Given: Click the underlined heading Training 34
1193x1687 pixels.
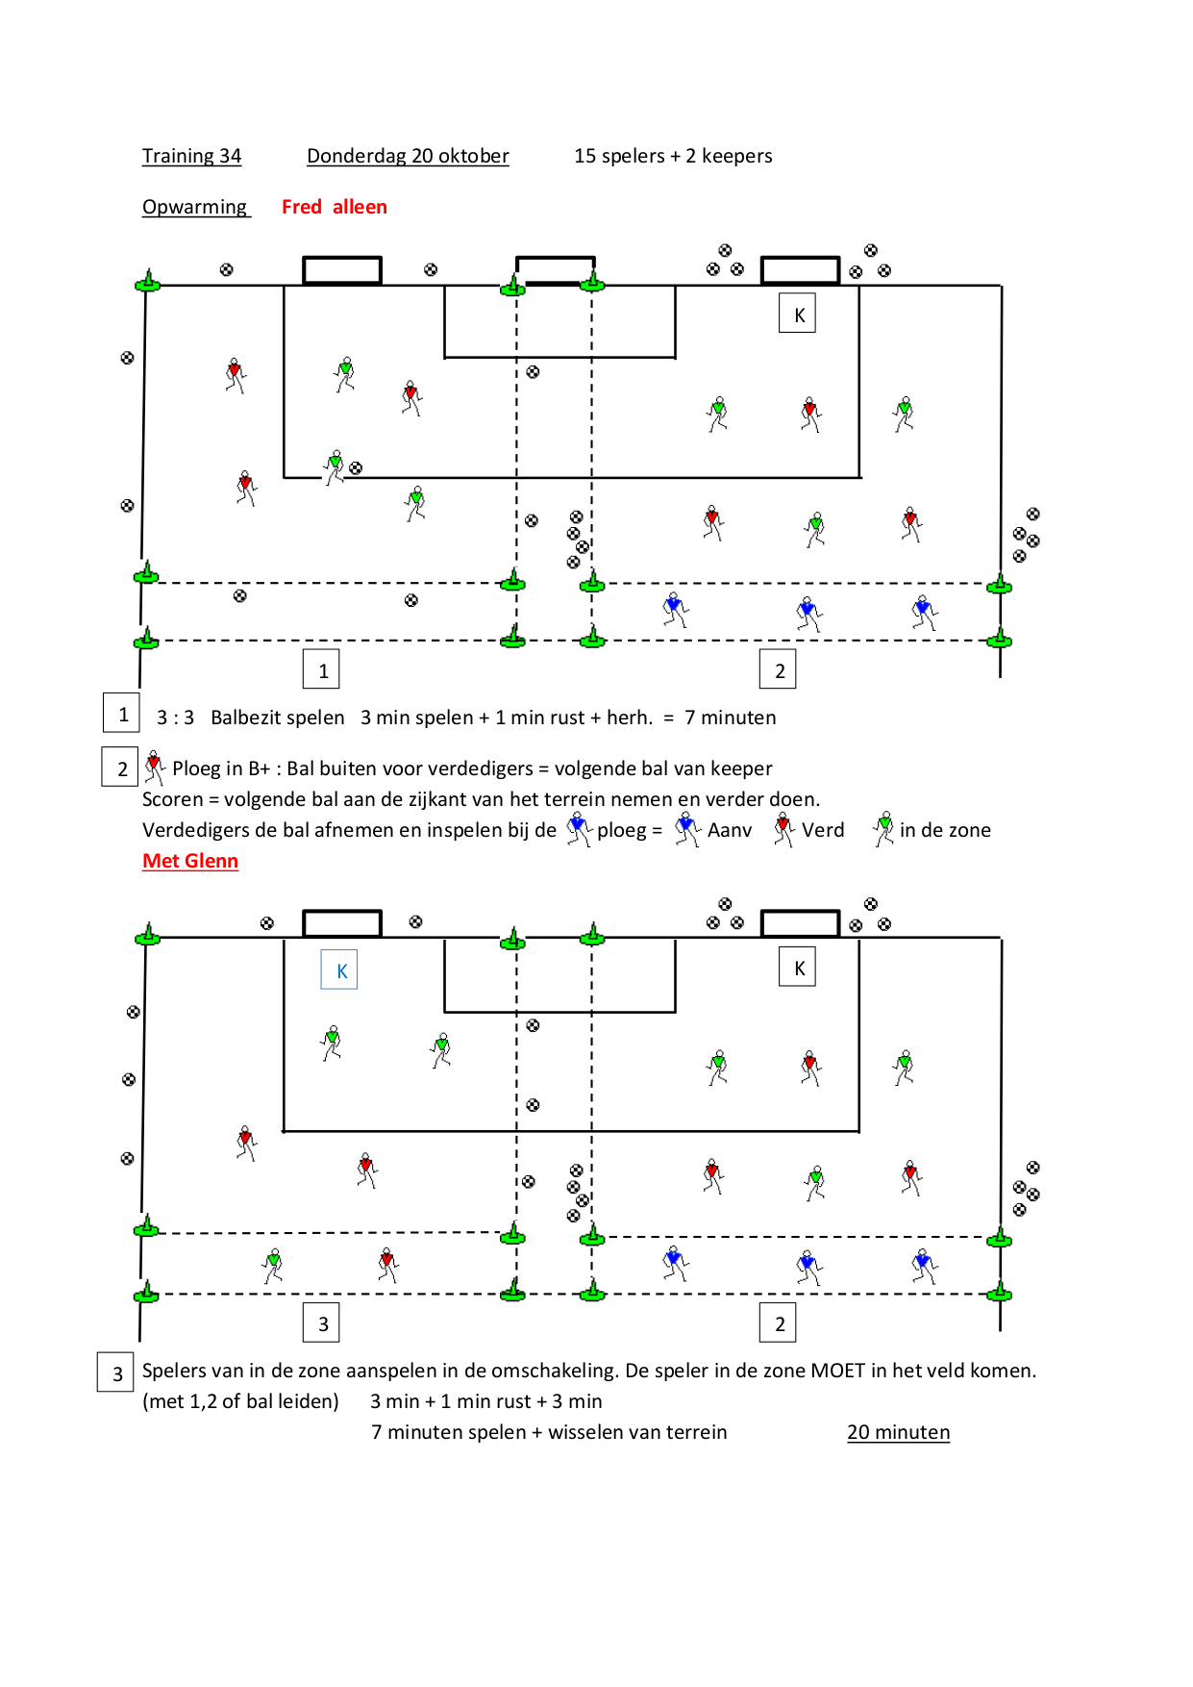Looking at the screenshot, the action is (x=191, y=156).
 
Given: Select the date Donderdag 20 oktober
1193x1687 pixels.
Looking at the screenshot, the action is (x=408, y=156).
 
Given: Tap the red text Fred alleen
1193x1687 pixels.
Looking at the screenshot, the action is (x=335, y=207).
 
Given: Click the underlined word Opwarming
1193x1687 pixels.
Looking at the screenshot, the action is (x=195, y=207).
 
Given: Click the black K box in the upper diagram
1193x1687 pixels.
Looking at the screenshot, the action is (x=797, y=314).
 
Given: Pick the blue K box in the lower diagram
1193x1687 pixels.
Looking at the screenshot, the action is (x=339, y=969).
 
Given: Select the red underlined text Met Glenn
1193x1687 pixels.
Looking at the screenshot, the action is (x=190, y=861).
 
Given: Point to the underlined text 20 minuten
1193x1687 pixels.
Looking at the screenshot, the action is (x=898, y=1432).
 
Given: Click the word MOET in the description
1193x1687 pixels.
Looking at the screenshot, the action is (x=838, y=1371).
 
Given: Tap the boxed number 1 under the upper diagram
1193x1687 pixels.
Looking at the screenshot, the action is (x=322, y=669).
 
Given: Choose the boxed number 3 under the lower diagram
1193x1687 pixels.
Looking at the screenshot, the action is (x=322, y=1322).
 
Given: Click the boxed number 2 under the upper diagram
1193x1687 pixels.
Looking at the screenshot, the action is (x=779, y=669).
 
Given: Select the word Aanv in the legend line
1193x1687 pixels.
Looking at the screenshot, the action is (x=730, y=830).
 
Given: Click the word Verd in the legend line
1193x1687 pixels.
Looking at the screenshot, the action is (x=823, y=830).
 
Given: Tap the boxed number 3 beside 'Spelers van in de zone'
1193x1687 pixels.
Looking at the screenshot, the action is (x=117, y=1372).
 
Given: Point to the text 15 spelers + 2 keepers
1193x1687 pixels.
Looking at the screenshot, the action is (x=673, y=156).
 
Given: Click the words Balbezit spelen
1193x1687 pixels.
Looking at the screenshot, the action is (x=278, y=718).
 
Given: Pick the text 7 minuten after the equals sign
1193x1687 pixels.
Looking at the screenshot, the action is (x=731, y=718).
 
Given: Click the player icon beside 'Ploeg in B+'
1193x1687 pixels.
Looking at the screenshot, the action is (x=154, y=768).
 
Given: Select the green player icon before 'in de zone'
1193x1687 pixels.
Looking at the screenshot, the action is (x=883, y=829).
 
